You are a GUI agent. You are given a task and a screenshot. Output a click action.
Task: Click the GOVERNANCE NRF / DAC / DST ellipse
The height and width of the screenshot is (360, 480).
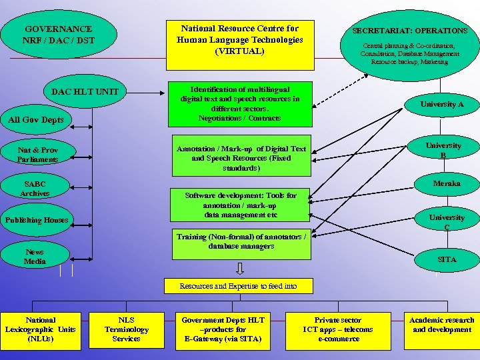point(59,35)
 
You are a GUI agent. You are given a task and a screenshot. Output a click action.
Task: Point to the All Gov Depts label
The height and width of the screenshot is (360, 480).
point(36,120)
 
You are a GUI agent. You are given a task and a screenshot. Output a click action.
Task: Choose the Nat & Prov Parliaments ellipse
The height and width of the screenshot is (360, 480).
point(37,155)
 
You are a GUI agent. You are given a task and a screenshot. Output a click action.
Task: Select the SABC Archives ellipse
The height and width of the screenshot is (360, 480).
point(35,188)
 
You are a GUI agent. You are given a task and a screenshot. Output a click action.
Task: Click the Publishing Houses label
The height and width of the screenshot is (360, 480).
point(36,220)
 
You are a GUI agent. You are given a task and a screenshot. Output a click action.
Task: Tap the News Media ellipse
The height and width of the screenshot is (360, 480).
point(35,257)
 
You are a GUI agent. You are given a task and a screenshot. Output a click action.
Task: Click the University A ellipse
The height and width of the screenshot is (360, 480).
point(441,105)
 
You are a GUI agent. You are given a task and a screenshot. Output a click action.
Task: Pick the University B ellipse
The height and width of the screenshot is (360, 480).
point(443,151)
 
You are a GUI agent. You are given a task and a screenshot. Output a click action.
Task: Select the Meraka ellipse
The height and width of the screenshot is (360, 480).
point(446,183)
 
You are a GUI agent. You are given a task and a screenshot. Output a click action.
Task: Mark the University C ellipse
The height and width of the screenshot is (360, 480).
point(446,222)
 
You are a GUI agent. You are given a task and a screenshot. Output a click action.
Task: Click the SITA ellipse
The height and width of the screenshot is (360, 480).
point(446,259)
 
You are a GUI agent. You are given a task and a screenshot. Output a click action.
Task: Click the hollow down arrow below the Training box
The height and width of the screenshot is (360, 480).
point(240,268)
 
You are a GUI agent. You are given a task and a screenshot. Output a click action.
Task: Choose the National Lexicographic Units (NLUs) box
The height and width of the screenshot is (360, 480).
point(40,329)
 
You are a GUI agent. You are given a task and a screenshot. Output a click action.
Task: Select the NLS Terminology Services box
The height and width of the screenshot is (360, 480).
point(126,329)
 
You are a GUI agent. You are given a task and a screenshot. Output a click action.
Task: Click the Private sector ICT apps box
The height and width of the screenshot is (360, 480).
point(338,329)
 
